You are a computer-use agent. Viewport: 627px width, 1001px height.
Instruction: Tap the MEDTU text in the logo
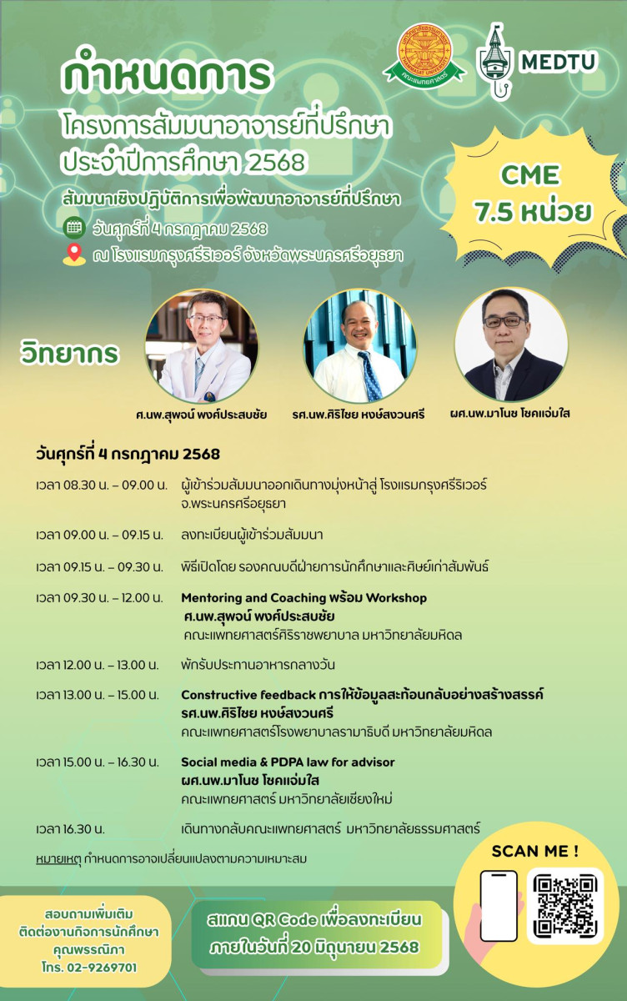click(x=559, y=62)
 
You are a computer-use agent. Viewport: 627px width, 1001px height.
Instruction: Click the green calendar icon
click(x=74, y=228)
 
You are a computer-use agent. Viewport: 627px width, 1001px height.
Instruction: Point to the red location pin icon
click(x=74, y=254)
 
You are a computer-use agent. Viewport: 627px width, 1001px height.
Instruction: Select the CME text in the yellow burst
click(x=529, y=174)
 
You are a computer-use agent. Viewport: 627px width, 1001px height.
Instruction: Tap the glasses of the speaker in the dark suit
click(x=504, y=321)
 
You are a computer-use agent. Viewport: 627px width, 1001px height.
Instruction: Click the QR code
click(x=565, y=906)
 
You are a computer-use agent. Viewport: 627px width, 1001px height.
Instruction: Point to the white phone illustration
click(x=499, y=906)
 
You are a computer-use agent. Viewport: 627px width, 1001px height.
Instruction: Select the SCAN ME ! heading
click(x=534, y=851)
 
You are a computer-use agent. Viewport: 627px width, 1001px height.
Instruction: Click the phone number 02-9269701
click(x=102, y=968)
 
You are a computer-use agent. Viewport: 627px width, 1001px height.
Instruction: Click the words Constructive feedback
click(x=248, y=695)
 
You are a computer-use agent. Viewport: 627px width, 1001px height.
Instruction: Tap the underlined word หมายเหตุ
click(x=58, y=859)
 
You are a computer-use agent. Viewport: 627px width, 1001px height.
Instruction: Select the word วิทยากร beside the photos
click(x=70, y=353)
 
